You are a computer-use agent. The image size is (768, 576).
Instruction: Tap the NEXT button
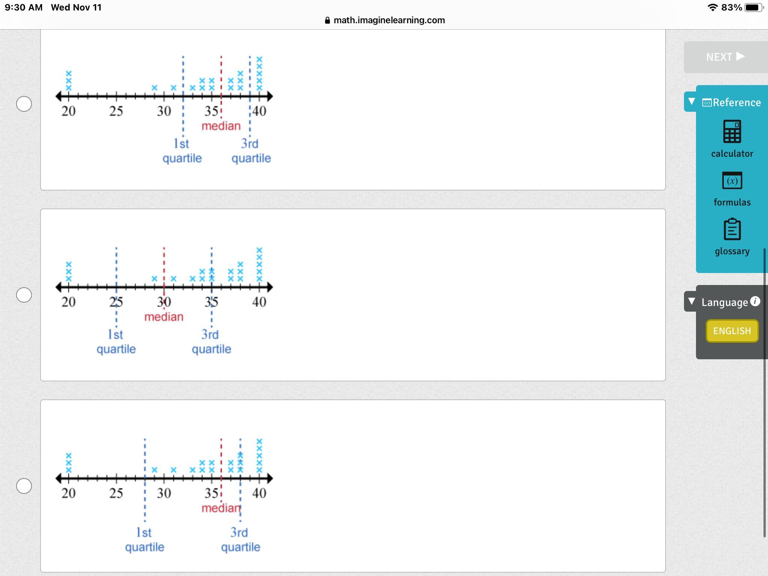[725, 57]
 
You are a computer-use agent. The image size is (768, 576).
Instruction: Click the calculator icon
[732, 132]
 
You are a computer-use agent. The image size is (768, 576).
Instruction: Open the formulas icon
[732, 181]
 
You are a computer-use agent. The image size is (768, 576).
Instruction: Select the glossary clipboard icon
[732, 229]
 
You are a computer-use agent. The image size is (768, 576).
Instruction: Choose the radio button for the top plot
[24, 104]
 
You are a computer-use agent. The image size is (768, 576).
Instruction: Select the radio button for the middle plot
[24, 295]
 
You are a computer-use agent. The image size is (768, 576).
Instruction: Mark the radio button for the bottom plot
[24, 486]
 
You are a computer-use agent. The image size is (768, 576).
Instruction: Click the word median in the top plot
[221, 126]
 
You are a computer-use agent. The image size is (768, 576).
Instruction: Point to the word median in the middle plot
[164, 317]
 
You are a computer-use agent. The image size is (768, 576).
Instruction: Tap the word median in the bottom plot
[220, 508]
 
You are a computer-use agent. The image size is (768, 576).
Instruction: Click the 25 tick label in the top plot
[116, 111]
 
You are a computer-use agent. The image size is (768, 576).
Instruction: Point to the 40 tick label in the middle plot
[259, 302]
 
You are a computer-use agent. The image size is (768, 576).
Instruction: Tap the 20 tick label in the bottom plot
[69, 493]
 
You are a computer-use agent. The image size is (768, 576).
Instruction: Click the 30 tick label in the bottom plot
[164, 493]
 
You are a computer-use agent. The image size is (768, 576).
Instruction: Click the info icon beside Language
[755, 301]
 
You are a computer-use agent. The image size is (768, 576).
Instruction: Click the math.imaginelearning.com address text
[389, 20]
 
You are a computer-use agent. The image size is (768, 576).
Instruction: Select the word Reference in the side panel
[736, 102]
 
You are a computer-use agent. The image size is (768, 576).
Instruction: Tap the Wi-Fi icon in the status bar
[712, 7]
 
